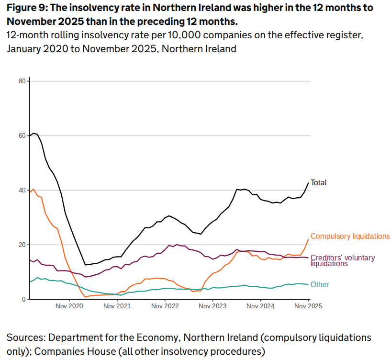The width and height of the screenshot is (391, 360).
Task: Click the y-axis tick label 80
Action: point(22,81)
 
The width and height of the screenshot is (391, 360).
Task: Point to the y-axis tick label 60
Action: point(22,135)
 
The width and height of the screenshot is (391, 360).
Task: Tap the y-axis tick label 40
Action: point(22,190)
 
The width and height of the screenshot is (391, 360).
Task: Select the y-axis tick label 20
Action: point(22,245)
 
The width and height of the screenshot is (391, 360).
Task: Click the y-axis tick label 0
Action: point(23,299)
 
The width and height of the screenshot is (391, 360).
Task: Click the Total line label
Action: point(318,182)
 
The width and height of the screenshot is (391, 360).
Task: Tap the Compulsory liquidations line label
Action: point(350,236)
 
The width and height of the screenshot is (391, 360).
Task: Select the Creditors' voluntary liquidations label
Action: point(343,260)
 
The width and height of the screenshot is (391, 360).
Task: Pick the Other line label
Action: point(320,284)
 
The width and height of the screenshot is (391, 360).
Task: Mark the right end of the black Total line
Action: point(308,182)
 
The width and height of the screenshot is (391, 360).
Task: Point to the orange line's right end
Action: point(308,239)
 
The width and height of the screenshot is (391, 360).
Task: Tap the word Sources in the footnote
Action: point(24,337)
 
